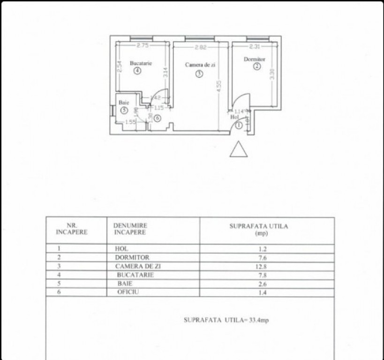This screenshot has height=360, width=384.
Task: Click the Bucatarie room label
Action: click(x=141, y=63)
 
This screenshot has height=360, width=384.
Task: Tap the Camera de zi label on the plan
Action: click(x=200, y=65)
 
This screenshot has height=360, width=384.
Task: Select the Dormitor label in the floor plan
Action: click(x=255, y=60)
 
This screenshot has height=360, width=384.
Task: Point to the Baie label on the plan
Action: click(x=123, y=102)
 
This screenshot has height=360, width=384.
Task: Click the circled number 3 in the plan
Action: click(x=199, y=74)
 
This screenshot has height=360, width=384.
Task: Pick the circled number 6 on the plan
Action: click(x=157, y=119)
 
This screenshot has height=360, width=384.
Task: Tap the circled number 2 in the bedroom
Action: click(x=256, y=67)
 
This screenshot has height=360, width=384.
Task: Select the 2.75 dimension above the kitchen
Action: click(x=143, y=45)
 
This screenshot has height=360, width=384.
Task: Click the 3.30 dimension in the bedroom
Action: click(x=272, y=75)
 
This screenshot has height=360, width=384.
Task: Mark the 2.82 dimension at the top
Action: click(x=201, y=47)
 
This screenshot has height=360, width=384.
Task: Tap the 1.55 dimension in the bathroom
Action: click(x=130, y=122)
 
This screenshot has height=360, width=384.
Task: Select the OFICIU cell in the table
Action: click(x=129, y=292)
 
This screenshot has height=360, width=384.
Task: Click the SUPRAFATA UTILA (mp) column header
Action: click(x=259, y=229)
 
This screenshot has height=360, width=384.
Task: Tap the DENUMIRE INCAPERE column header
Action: click(x=130, y=229)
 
